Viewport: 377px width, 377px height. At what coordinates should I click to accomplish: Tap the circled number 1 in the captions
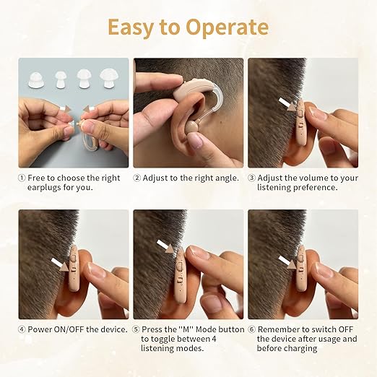click(x=22, y=177)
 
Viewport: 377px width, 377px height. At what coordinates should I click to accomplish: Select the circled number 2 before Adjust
click(x=136, y=177)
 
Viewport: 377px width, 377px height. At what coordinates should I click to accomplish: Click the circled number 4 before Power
click(x=22, y=329)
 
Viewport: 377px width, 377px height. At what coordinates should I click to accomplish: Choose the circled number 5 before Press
click(x=136, y=329)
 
